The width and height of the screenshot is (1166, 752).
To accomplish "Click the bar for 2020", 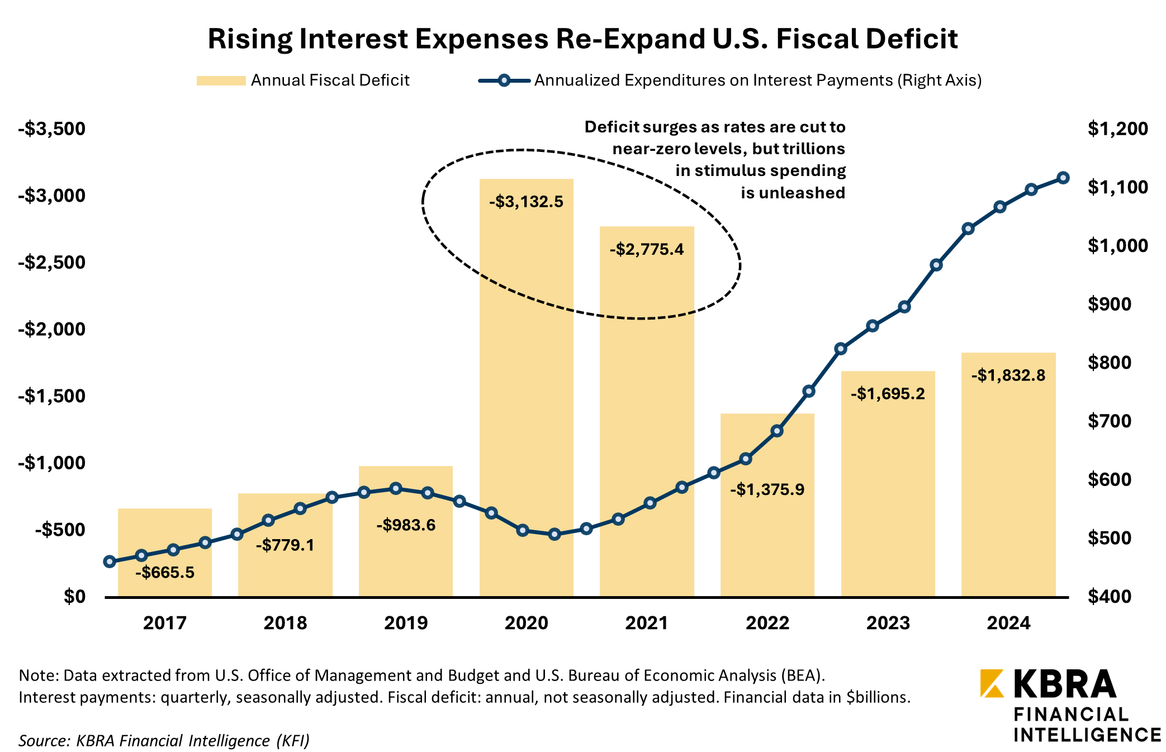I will tap(526, 391).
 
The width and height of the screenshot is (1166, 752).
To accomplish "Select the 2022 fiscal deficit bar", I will tap(767, 531).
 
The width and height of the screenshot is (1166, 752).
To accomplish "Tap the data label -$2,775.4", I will tap(647, 249).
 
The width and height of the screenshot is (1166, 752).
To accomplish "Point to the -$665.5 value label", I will tap(165, 573).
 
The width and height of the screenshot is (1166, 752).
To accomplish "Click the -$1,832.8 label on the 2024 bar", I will tap(1008, 375).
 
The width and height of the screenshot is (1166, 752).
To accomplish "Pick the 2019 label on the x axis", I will tap(406, 623).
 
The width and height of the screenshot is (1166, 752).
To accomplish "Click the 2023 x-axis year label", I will tap(888, 623).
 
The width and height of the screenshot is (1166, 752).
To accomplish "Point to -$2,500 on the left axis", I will tap(51, 262).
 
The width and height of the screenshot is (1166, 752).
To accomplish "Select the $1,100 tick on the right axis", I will tap(1117, 187).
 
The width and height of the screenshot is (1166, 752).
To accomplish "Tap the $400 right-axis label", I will tap(1117, 597).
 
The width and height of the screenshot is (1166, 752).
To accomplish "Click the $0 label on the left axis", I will tap(74, 597).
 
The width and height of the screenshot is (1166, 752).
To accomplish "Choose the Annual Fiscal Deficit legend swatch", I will tap(221, 80).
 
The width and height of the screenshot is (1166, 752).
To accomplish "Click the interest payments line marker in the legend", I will tap(504, 80).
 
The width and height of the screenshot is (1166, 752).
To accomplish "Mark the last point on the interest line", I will tap(1063, 178).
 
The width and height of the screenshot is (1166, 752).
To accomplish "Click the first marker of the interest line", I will tap(110, 561).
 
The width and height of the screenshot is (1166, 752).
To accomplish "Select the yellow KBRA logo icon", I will tap(992, 683).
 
